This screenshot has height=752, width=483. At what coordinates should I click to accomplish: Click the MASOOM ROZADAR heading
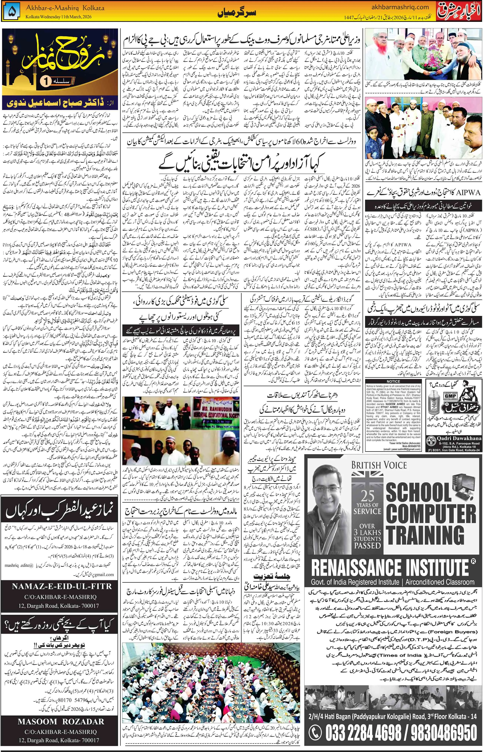coord(61,722)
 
